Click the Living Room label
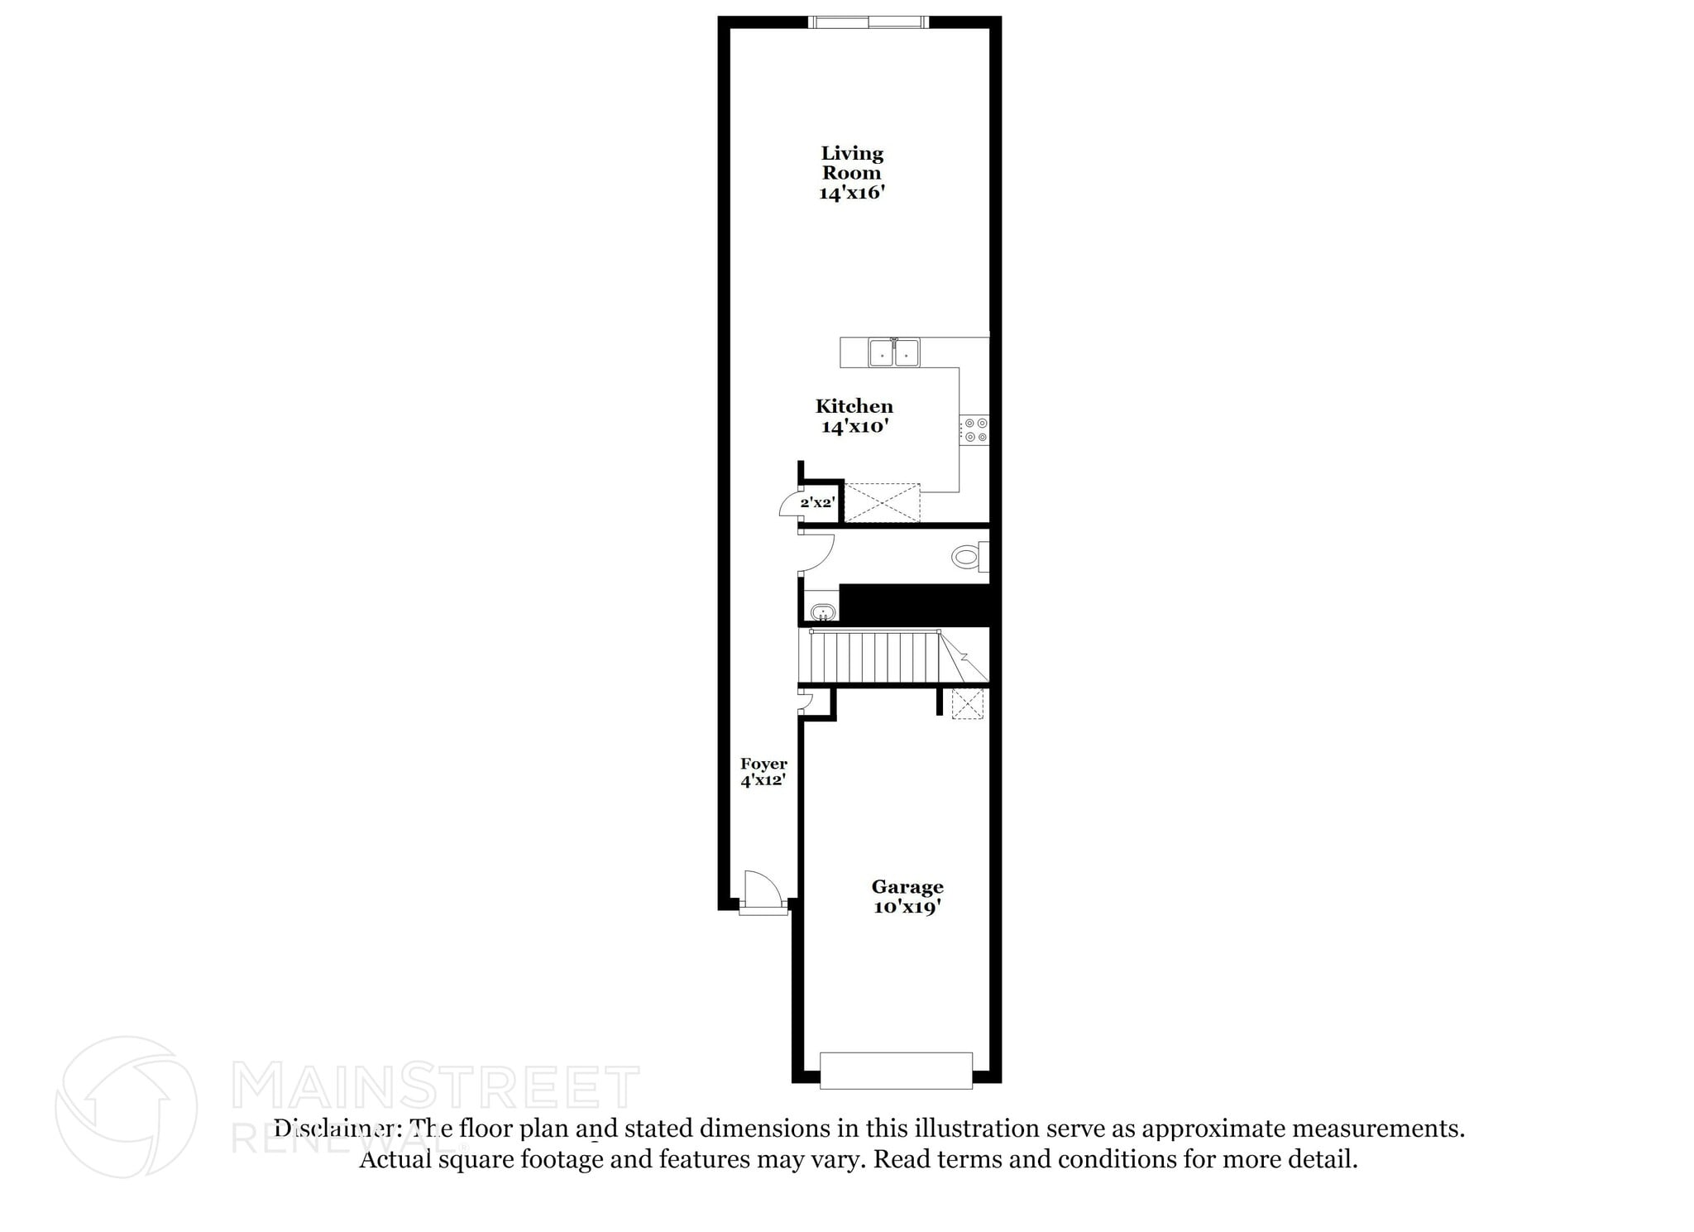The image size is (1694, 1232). (851, 163)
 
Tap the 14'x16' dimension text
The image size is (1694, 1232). (851, 193)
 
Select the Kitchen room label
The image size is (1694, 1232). (854, 406)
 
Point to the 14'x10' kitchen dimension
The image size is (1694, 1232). (854, 427)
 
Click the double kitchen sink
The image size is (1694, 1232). (894, 352)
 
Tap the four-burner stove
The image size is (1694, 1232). (975, 429)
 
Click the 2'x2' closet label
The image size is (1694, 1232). (817, 502)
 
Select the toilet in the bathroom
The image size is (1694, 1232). (968, 556)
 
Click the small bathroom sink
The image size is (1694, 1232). (822, 613)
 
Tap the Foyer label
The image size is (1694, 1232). (763, 764)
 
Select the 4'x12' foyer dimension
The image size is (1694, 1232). (763, 780)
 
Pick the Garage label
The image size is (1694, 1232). (907, 887)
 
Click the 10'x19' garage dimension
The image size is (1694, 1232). (907, 907)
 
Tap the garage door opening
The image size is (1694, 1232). (896, 1071)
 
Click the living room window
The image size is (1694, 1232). (868, 22)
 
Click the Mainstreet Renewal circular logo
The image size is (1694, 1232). (126, 1107)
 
